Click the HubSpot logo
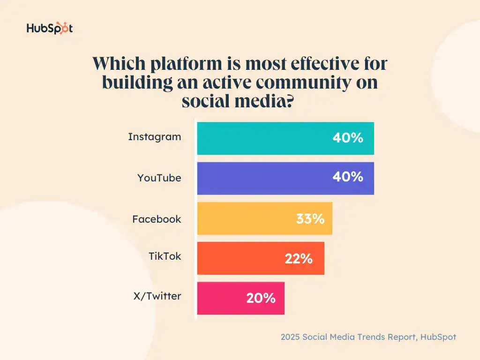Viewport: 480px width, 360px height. [49, 28]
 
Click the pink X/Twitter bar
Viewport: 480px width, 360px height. [220, 298]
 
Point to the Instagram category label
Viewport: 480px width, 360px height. [154, 137]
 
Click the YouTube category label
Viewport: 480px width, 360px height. [159, 178]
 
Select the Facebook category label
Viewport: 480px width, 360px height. [157, 219]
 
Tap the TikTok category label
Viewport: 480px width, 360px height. [165, 256]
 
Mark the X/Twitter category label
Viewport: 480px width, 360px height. [157, 296]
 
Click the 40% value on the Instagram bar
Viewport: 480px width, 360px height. [348, 138]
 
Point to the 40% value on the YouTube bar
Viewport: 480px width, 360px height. [348, 177]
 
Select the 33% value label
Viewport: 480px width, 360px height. [310, 218]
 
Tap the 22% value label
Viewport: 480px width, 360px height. [299, 258]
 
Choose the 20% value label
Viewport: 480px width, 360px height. [261, 298]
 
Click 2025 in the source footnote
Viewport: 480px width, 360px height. [291, 337]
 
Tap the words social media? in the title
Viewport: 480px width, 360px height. [237, 100]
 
